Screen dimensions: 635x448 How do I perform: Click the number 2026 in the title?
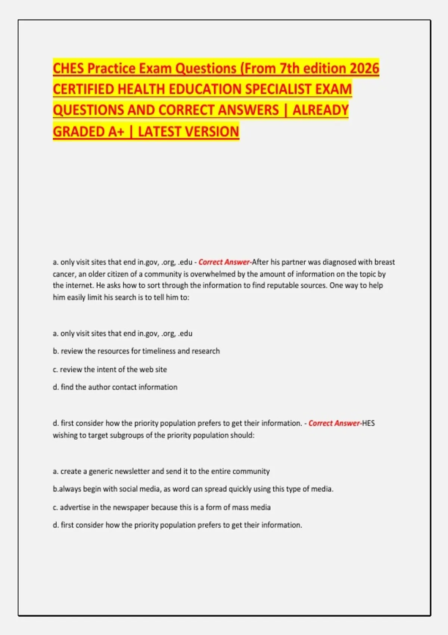[x=365, y=68]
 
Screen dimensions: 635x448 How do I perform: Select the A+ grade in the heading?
[x=114, y=131]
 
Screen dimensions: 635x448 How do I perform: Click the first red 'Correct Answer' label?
[x=224, y=262]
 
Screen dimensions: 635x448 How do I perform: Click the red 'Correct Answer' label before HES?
[x=334, y=423]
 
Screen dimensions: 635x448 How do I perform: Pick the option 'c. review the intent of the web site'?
[x=110, y=369]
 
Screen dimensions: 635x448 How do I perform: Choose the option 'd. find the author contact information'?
[x=115, y=387]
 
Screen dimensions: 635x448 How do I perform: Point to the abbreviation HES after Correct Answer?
[x=368, y=423]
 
